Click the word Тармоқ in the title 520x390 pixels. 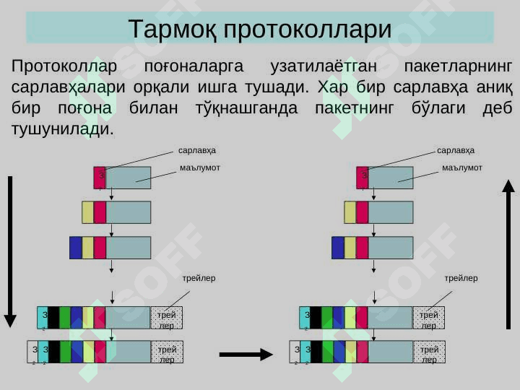tap(173, 30)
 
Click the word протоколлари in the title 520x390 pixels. tap(308, 30)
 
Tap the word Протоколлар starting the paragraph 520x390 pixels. tap(64, 67)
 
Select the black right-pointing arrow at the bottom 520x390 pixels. tap(246, 354)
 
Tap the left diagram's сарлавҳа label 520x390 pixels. tap(197, 150)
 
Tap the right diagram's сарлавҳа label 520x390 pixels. tap(456, 150)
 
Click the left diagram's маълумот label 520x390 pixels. tap(199, 168)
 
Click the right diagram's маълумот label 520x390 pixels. tap(461, 168)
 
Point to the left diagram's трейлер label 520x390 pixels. tap(199, 277)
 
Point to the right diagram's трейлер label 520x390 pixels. tap(461, 277)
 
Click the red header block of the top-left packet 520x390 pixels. tap(100, 178)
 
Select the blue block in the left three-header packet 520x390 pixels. tap(76, 248)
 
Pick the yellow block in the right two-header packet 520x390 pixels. tap(350, 212)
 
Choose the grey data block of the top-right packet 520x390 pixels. tap(391, 178)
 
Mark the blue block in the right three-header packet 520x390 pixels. tap(338, 248)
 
